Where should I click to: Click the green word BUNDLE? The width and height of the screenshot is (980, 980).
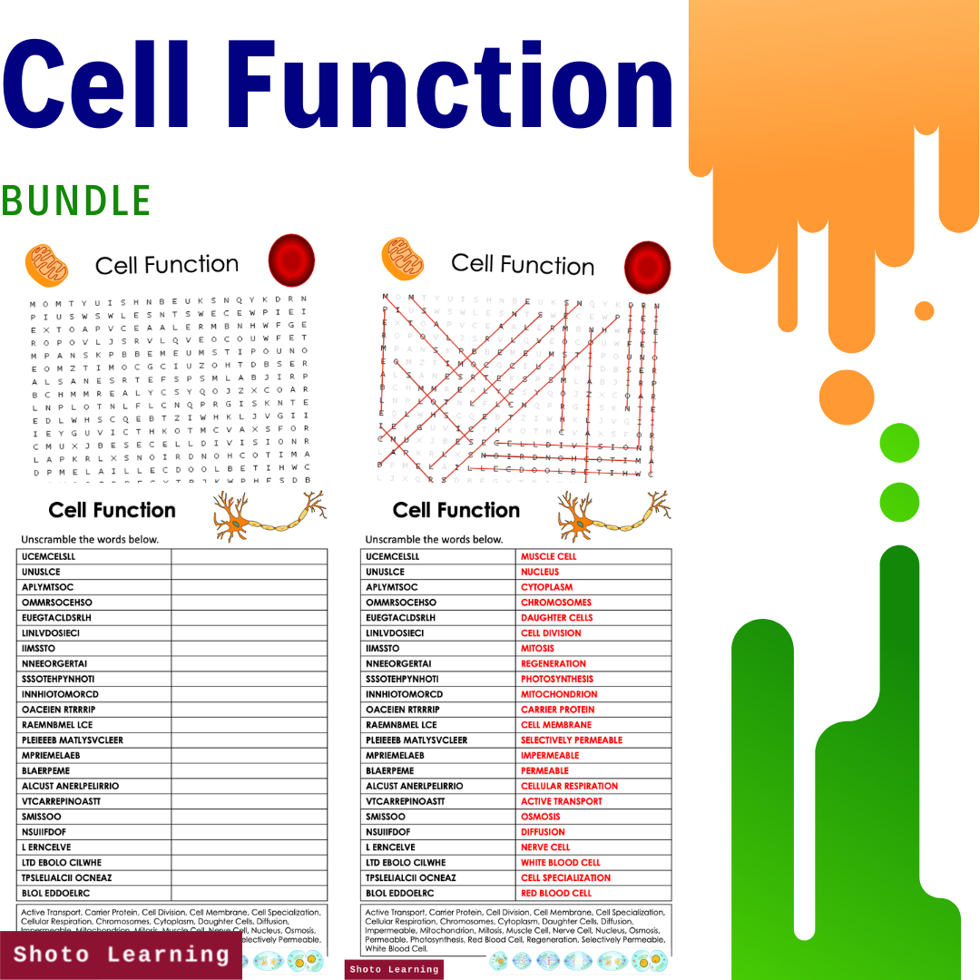pos(76,201)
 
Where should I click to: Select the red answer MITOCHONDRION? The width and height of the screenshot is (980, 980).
pos(559,694)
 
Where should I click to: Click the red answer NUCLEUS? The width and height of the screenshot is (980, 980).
pos(540,572)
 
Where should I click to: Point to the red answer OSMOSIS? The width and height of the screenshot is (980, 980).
pos(541,817)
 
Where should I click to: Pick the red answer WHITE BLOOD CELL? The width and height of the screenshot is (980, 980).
pos(560,862)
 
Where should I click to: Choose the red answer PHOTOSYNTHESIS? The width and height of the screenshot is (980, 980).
pos(557,679)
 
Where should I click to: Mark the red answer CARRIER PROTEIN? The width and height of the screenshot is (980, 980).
pos(558,710)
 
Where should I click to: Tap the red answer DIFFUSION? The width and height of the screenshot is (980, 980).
pos(543,832)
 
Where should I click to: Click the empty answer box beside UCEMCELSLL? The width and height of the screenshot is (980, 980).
pos(249,556)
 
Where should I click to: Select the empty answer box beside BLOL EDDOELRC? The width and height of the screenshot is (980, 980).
pos(249,893)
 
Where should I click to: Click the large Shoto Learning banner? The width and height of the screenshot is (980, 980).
pos(121,955)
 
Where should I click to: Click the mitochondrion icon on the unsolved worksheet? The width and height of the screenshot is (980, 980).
pos(46,265)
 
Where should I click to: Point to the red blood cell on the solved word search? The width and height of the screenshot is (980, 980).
pos(647,267)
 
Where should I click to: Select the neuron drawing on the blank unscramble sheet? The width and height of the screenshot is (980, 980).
pos(269,516)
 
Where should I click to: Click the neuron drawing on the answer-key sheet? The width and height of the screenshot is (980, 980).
pos(613,516)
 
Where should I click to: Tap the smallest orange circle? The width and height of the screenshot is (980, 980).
pos(924,311)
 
